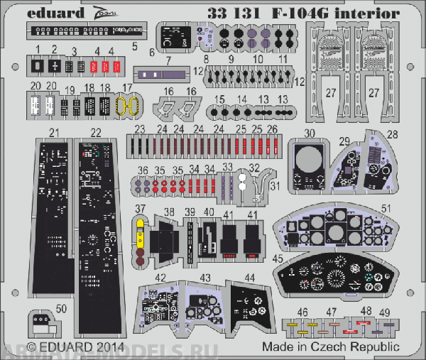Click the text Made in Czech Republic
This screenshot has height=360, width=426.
click(x=329, y=347)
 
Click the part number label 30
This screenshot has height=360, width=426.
click(x=310, y=133)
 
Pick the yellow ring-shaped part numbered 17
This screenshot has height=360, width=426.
click(x=126, y=107)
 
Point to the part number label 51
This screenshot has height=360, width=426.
click(x=386, y=208)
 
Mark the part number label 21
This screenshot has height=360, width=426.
click(x=54, y=133)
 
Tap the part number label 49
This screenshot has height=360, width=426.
click(x=385, y=311)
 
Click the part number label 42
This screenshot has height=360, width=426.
click(x=161, y=278)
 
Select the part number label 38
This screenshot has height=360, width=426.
click(x=169, y=212)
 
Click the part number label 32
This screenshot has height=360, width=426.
click(x=254, y=168)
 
